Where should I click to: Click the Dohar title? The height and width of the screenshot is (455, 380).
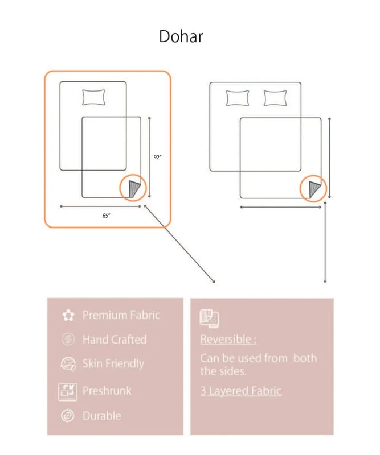tap(181, 36)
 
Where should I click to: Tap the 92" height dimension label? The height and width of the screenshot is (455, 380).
tap(157, 158)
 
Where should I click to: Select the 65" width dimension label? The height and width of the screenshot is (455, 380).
tap(106, 216)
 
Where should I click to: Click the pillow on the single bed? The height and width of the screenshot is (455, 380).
tap(93, 97)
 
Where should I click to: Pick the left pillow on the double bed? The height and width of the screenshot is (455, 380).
tap(237, 98)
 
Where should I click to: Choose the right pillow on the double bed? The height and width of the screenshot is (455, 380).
tap(275, 98)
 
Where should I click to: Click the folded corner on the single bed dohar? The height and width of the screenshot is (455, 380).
tap(134, 189)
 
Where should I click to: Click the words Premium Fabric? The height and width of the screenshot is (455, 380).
tap(121, 315)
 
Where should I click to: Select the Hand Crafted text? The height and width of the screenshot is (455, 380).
tap(115, 340)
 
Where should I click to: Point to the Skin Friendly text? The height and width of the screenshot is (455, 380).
tap(113, 363)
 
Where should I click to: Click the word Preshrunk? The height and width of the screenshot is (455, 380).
tap(107, 391)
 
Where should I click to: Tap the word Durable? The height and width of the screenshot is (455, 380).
tap(102, 416)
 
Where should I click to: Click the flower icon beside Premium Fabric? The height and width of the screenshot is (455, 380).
tap(68, 316)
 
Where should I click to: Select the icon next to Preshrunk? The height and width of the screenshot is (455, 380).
tap(68, 392)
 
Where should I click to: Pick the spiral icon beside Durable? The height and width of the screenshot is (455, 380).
tap(68, 416)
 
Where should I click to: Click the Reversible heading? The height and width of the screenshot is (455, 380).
tap(228, 339)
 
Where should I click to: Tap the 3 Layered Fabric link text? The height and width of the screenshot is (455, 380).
tap(241, 391)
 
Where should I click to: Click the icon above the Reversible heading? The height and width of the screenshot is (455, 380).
tap(209, 318)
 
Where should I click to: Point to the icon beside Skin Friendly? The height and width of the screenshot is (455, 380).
tap(68, 364)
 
